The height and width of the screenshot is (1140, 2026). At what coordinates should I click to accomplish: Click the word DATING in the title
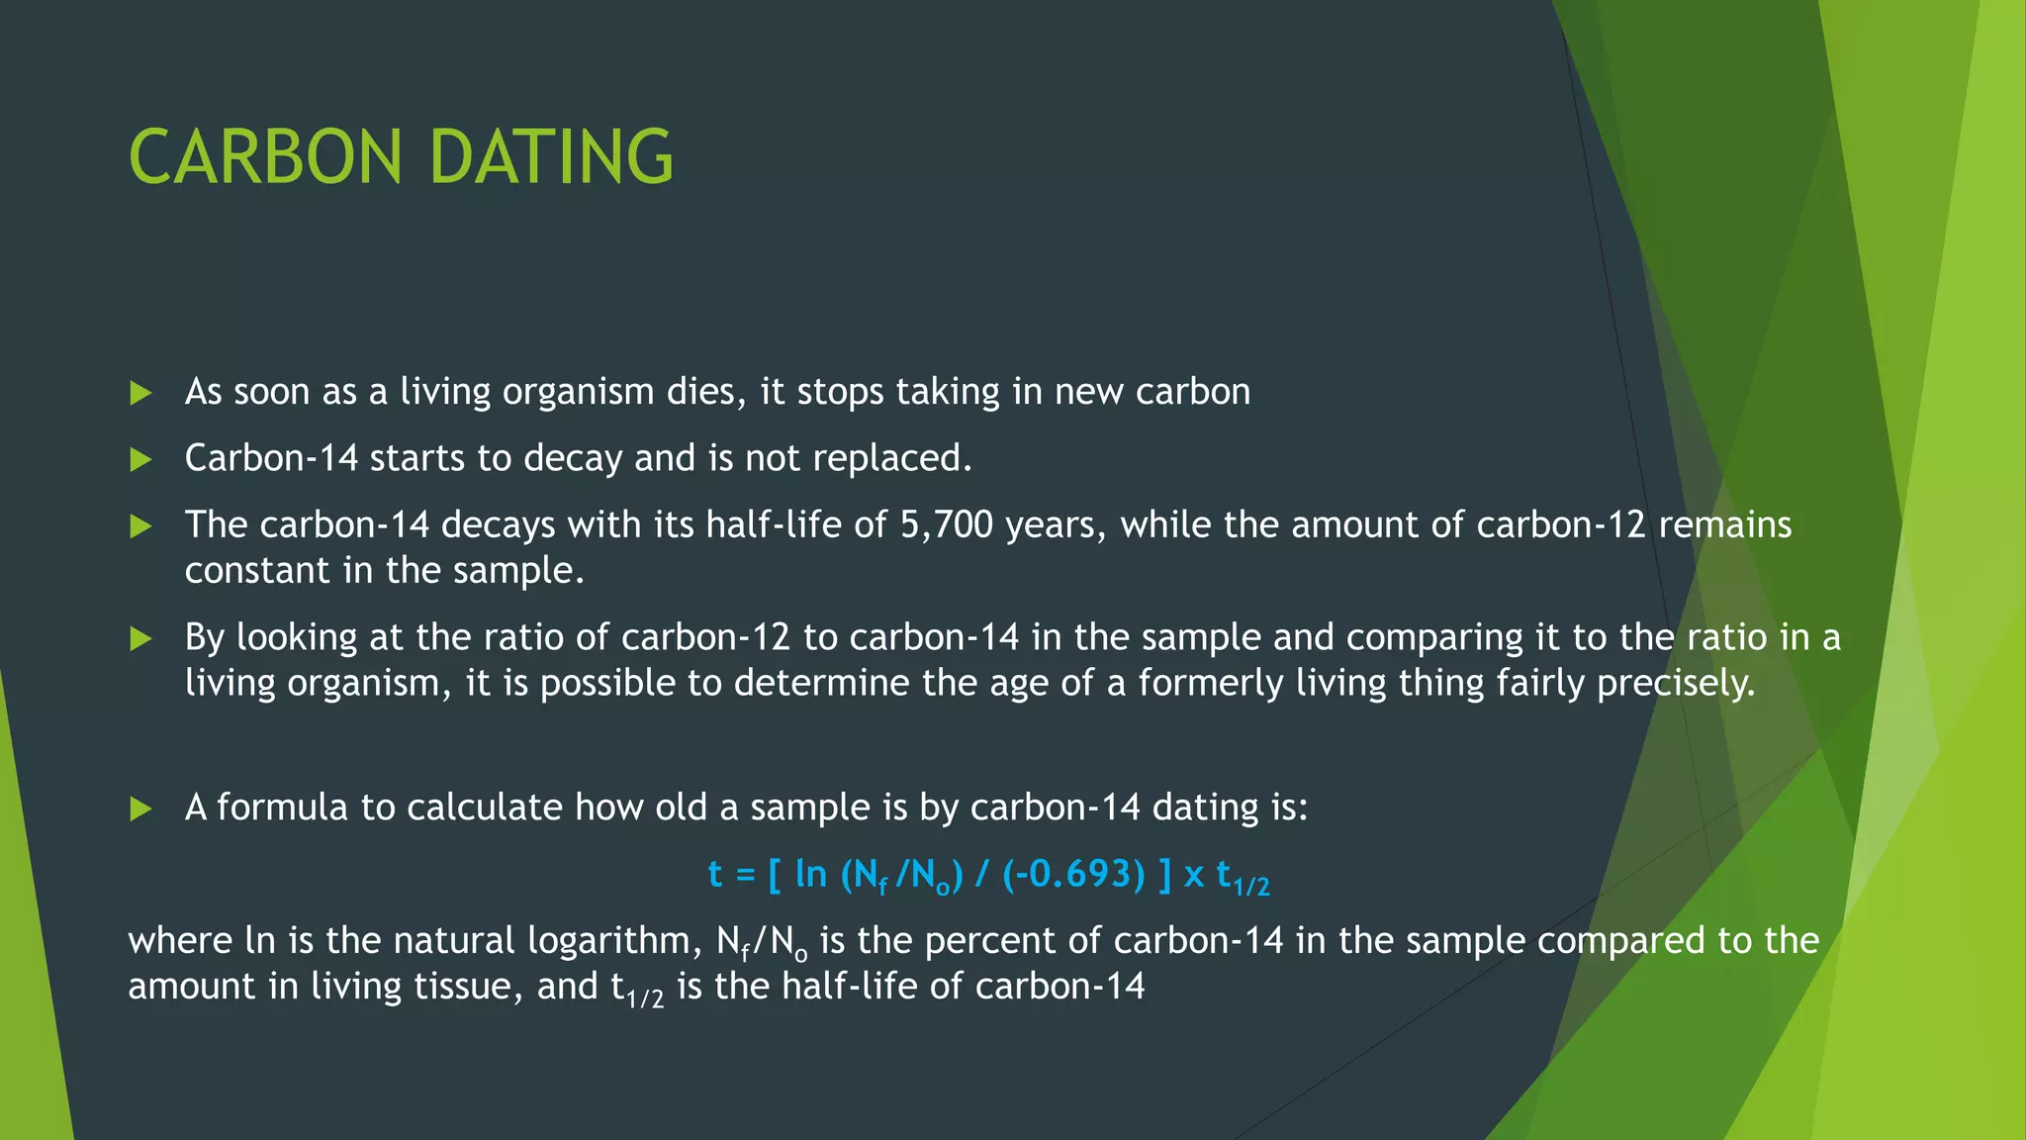pyautogui.click(x=551, y=157)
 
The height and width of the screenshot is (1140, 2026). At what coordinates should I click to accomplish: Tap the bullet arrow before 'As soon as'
pyautogui.click(x=140, y=393)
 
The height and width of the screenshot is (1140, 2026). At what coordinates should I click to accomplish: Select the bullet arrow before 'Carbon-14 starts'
pyautogui.click(x=140, y=459)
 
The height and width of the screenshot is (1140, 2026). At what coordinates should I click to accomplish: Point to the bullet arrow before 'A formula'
pyautogui.click(x=140, y=809)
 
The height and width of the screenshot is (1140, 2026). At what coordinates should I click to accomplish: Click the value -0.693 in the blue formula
pyautogui.click(x=1080, y=875)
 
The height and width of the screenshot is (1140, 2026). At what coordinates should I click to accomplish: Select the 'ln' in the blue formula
pyautogui.click(x=811, y=874)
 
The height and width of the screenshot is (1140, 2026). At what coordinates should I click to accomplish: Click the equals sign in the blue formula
pyautogui.click(x=746, y=876)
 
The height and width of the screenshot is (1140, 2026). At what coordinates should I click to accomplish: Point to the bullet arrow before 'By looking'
pyautogui.click(x=140, y=638)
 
